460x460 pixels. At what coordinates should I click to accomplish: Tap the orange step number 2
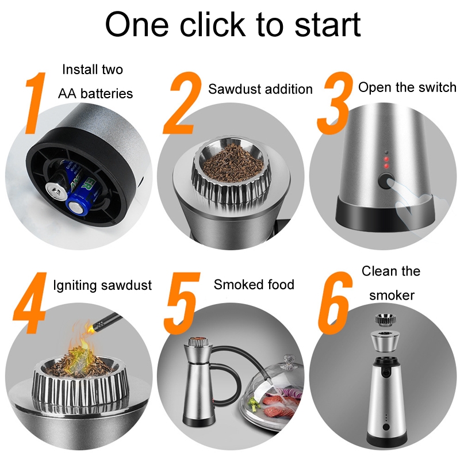182,103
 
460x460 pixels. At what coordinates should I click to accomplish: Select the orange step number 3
335,103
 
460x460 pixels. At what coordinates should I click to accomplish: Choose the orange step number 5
182,303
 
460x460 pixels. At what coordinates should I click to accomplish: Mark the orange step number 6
335,303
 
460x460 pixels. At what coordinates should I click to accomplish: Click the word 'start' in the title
327,25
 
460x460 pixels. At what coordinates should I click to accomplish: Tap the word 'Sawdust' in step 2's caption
235,89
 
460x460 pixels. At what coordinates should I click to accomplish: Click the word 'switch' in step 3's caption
438,87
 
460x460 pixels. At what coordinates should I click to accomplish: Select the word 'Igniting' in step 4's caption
75,286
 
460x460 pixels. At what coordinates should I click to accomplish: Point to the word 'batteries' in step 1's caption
106,94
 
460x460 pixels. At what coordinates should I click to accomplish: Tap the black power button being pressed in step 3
385,181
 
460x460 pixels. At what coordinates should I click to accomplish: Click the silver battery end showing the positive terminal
55,191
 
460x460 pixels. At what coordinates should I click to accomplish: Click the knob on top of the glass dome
288,362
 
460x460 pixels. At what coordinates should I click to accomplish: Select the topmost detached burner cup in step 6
386,320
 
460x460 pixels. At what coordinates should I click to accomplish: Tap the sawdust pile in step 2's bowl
233,163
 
